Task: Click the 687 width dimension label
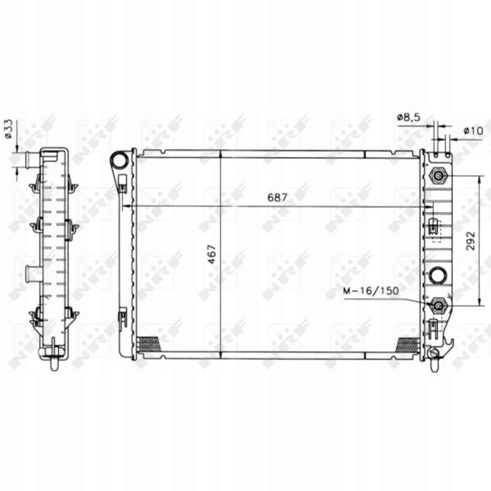pyautogui.click(x=277, y=197)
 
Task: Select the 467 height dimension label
pyautogui.click(x=212, y=254)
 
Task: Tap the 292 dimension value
pyautogui.click(x=471, y=241)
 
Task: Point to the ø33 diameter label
pyautogui.click(x=8, y=128)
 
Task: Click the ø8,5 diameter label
pyautogui.click(x=409, y=118)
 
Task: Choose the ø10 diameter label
pyautogui.click(x=474, y=130)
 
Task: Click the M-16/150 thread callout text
pyautogui.click(x=371, y=291)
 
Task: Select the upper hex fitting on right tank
pyautogui.click(x=439, y=176)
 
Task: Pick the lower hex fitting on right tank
pyautogui.click(x=439, y=305)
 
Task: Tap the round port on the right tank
pyautogui.click(x=438, y=275)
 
